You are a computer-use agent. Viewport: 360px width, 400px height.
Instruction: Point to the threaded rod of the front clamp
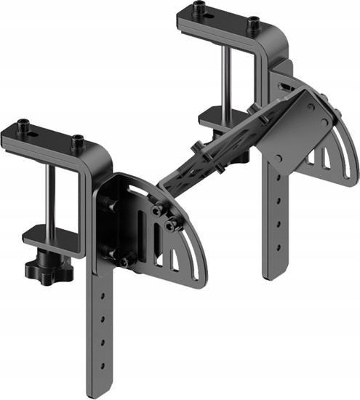[52, 196]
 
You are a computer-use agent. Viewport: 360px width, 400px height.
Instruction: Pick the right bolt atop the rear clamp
[253, 23]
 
